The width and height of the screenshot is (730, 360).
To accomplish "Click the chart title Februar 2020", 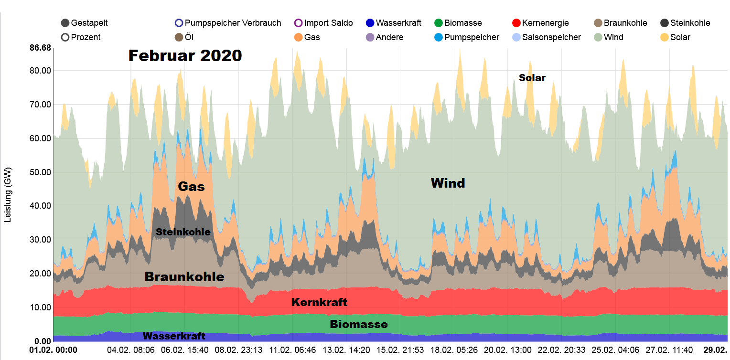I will pos(185,56).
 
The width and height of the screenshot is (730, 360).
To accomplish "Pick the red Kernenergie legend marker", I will pos(516,23).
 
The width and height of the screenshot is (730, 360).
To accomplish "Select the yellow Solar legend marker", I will pos(665,37).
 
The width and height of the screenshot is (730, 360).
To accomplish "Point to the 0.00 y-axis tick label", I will pos(42,341).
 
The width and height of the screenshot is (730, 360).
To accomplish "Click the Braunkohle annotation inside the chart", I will pos(184,277).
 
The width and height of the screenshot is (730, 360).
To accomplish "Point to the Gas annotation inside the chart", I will pos(191,187).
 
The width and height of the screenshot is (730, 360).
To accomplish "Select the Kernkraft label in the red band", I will pos(319,302).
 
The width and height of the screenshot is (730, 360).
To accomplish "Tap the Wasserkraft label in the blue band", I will pos(174,336).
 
